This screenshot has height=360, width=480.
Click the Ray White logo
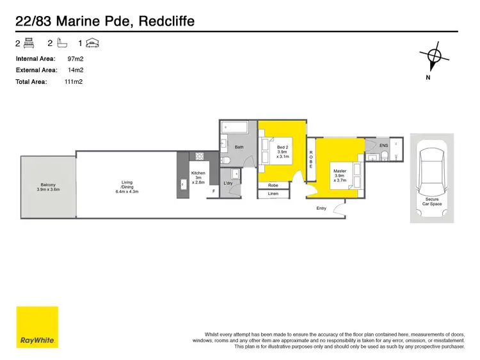[37, 327]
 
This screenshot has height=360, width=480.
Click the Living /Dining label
[127, 187]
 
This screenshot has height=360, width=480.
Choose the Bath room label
[239, 147]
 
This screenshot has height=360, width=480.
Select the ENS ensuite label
[383, 146]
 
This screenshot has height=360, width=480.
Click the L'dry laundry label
[228, 184]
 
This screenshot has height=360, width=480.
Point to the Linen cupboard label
[273, 193]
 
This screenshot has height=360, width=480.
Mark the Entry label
[321, 208]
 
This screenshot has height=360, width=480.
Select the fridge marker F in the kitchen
[214, 191]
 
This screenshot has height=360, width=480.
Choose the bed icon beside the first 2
[29, 43]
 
